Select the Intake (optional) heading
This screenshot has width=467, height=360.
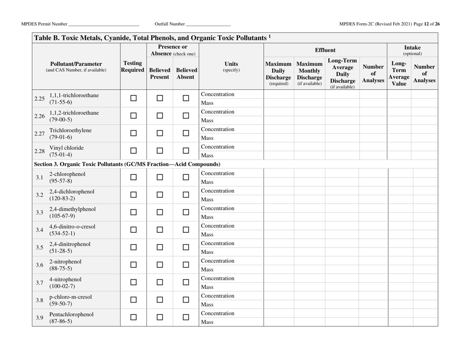point(427,50)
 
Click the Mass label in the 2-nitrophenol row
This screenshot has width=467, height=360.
point(207,270)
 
